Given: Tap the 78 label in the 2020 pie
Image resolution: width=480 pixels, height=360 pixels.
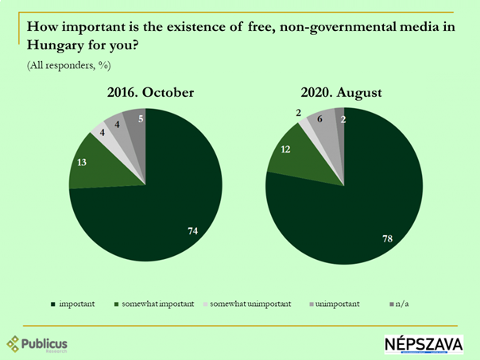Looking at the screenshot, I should pyautogui.click(x=389, y=238).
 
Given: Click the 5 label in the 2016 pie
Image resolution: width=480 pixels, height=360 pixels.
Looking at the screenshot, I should pyautogui.click(x=141, y=120).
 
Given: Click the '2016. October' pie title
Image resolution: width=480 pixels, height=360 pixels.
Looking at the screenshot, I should pyautogui.click(x=151, y=93).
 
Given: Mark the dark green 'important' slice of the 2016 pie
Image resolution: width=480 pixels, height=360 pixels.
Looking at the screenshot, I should pyautogui.click(x=159, y=207).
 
